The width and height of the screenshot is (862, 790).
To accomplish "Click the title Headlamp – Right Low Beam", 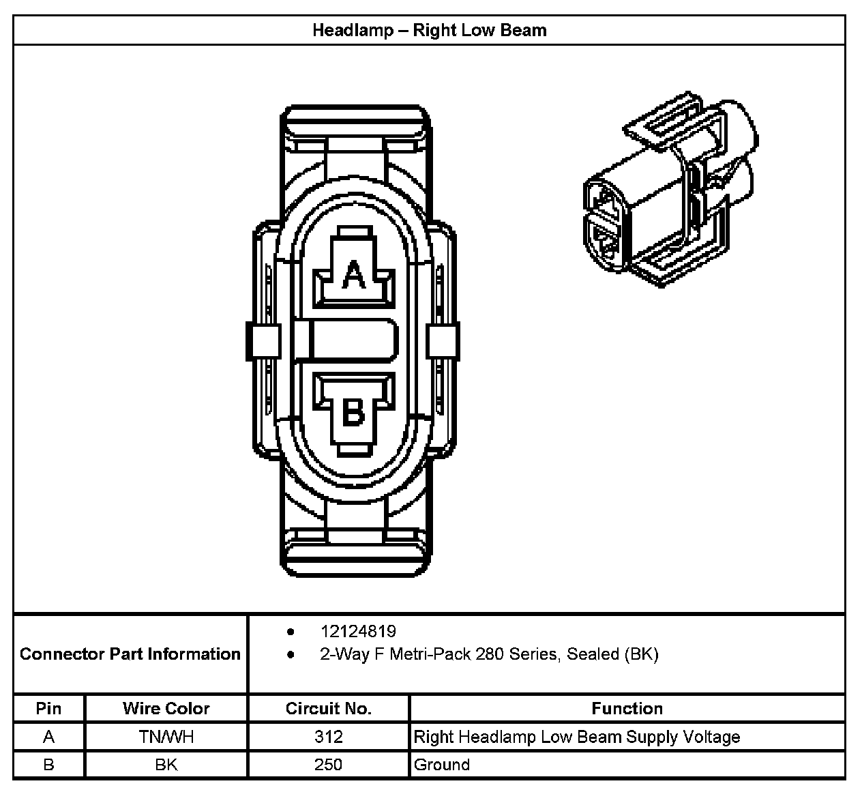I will (x=429, y=30).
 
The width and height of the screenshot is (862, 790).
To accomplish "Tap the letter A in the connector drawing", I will (x=353, y=275).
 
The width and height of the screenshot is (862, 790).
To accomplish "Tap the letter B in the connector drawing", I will (x=353, y=412).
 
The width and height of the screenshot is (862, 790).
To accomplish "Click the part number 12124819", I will (x=358, y=631).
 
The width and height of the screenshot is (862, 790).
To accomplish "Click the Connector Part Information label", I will (x=130, y=654).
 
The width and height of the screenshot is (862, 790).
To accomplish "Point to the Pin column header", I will (x=48, y=708).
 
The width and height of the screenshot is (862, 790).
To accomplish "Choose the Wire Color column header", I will (x=166, y=708).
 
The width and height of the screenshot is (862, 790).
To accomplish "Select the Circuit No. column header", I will (x=328, y=708).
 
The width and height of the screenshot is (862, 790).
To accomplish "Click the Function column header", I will (x=627, y=708).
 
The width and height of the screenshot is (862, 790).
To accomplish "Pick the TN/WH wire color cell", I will (x=166, y=737).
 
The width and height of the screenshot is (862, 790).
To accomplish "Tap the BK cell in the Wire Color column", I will (x=166, y=765).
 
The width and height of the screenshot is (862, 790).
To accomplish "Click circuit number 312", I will (x=328, y=737).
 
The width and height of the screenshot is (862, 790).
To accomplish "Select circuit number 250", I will (x=328, y=765).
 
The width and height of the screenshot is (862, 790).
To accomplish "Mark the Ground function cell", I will (x=442, y=765).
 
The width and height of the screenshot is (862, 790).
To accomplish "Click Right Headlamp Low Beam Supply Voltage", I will (x=577, y=737).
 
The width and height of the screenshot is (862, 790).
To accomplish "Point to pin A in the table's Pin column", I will (x=48, y=737).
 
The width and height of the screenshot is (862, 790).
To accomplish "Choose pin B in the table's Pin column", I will (x=48, y=765).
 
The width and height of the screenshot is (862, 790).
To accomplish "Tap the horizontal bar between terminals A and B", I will (x=353, y=340).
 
